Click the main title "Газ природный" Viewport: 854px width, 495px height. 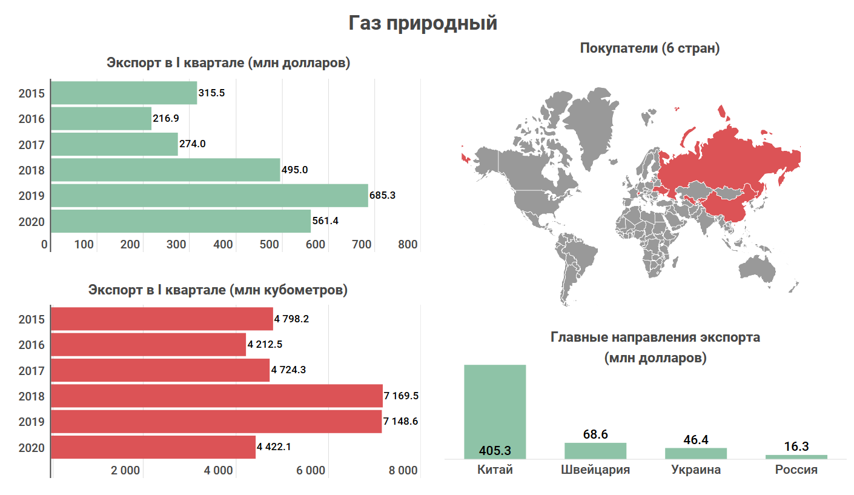click(423, 23)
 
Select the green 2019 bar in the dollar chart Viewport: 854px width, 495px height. click(209, 196)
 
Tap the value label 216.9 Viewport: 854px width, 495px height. click(167, 119)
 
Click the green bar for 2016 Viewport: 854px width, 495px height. click(101, 119)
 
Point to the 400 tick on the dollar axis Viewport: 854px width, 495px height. click(223, 245)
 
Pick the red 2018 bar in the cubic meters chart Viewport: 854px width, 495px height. click(216, 396)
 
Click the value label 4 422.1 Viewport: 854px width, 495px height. click(274, 448)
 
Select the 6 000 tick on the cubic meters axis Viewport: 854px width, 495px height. click(311, 471)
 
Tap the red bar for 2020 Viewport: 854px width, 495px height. click(153, 448)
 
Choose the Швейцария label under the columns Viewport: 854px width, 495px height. click(595, 470)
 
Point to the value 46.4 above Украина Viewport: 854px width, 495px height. click(696, 440)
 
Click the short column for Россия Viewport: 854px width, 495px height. click(796, 456)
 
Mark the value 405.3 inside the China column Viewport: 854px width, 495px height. click(495, 451)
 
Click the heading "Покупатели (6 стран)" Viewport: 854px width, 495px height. click(650, 48)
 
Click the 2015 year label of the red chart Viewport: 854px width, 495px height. click(31, 319)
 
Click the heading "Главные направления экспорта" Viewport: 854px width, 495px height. click(655, 337)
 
